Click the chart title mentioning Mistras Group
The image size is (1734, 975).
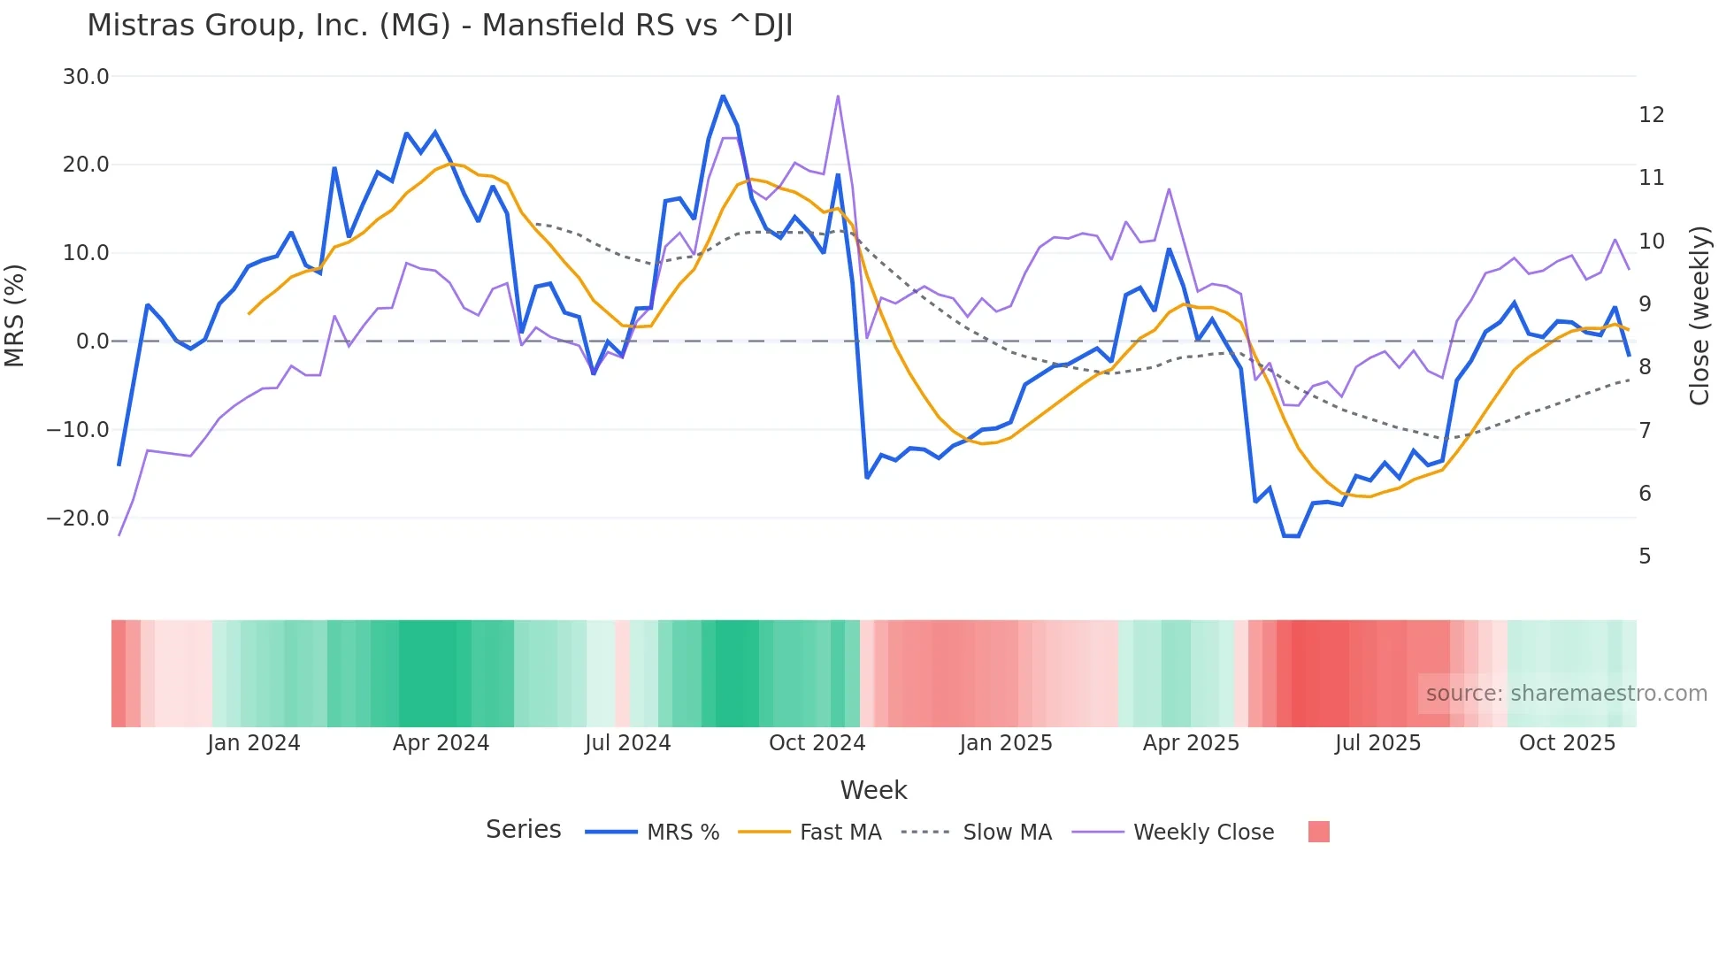(x=440, y=26)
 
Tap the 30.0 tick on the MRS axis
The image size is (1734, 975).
(x=86, y=77)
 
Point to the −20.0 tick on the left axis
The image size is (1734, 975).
(x=78, y=518)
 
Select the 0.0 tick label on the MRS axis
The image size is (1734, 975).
(x=93, y=342)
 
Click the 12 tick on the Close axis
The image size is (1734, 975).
(x=1651, y=115)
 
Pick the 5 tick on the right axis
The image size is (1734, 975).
(x=1645, y=557)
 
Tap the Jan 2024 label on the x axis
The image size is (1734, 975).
(x=254, y=743)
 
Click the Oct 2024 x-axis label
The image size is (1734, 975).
(x=817, y=743)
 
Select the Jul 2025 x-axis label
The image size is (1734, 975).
(x=1377, y=743)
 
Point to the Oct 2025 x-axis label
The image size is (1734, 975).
(x=1567, y=743)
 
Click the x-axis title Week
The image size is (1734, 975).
(x=873, y=790)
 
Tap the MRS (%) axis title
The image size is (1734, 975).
(x=15, y=315)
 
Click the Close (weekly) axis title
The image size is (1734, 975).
(x=1699, y=316)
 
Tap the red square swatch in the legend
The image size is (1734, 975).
(x=1318, y=832)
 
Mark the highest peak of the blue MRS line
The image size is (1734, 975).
(x=723, y=96)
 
